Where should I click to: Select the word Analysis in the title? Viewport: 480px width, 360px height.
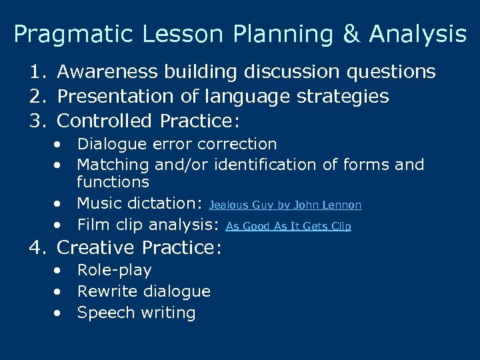(418, 34)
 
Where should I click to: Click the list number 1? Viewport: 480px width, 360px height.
(36, 72)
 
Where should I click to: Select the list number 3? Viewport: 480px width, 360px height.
(36, 121)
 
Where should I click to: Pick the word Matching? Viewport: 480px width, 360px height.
(113, 164)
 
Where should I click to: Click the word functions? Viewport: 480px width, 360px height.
(113, 181)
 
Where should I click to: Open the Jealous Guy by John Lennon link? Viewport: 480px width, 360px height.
(285, 205)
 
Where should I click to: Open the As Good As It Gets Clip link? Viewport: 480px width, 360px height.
(288, 226)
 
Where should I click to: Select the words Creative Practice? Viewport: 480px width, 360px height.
(139, 248)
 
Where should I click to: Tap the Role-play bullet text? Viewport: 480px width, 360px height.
(114, 270)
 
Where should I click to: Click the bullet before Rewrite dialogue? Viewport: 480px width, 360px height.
(61, 292)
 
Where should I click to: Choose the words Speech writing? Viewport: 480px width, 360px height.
(136, 313)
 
